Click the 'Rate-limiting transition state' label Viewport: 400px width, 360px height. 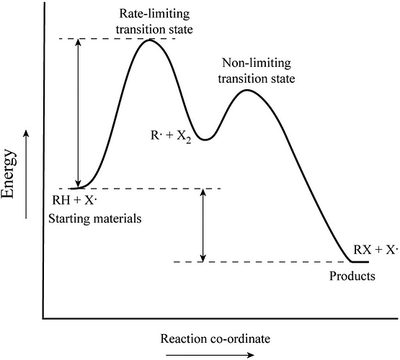(x=154, y=22)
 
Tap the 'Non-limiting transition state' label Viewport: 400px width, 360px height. (x=257, y=71)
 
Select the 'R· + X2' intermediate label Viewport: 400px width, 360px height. (x=171, y=136)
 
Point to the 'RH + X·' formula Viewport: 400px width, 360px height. (x=74, y=200)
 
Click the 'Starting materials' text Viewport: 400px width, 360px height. (x=95, y=219)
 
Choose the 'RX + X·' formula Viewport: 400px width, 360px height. (x=375, y=250)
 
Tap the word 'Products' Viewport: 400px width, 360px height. (x=352, y=276)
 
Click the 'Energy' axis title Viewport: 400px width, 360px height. (x=8, y=174)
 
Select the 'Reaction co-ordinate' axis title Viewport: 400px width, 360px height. (x=215, y=339)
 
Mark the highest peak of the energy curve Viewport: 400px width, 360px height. (x=149, y=40)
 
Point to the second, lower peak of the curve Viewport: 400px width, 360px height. (x=247, y=90)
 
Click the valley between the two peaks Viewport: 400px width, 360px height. (x=205, y=140)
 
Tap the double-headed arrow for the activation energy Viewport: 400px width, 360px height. (x=79, y=113)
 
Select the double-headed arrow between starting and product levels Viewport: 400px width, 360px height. (x=203, y=225)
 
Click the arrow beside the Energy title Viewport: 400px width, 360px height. (x=26, y=174)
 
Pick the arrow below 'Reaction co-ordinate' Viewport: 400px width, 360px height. (x=210, y=355)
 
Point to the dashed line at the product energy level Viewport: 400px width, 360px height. (x=262, y=262)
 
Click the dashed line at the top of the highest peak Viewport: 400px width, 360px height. (x=117, y=39)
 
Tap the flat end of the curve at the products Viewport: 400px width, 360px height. (x=360, y=261)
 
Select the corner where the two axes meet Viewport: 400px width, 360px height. (x=44, y=318)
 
